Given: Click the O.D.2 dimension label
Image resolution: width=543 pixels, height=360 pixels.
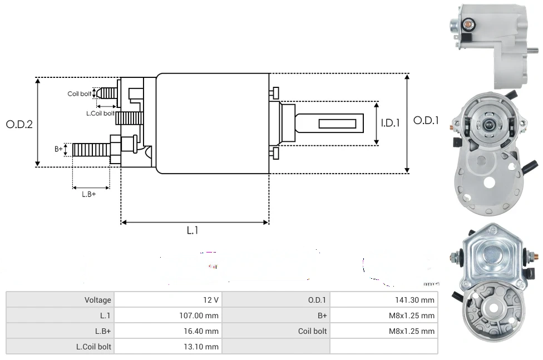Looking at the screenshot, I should click(19, 124).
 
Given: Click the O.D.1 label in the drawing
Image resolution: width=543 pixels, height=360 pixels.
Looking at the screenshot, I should click(426, 120).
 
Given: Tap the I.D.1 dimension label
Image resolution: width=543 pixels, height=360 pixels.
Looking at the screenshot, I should click(390, 123).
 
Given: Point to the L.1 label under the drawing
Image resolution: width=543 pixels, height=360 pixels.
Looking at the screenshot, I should click(192, 230).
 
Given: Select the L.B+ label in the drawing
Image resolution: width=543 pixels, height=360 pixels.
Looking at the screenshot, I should click(89, 194).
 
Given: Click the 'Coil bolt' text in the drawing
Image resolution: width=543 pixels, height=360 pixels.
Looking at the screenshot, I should click(80, 94).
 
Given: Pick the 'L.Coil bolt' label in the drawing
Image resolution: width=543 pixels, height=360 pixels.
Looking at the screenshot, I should click(100, 114).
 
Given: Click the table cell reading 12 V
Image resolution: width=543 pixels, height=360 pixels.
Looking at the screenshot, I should click(211, 300).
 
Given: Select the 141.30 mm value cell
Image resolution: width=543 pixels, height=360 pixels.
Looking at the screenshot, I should click(411, 300).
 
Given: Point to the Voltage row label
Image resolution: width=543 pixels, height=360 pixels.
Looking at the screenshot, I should click(97, 300).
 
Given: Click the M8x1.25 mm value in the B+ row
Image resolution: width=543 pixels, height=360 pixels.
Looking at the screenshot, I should click(411, 315).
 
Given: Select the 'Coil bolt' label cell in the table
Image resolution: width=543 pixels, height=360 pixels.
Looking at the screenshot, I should click(312, 331).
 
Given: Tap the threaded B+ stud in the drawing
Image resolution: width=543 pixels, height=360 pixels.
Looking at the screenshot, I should click(92, 150).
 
